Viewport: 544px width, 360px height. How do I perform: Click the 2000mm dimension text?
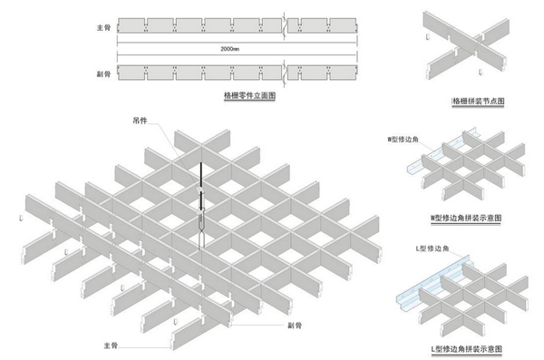tap(229, 49)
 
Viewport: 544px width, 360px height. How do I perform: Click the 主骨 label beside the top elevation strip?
tap(103, 27)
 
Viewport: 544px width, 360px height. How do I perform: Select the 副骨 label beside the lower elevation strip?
tap(103, 73)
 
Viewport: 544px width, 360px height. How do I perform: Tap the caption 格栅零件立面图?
tap(250, 95)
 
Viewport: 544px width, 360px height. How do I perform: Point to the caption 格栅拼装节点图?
tap(478, 101)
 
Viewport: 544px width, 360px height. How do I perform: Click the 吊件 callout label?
tap(141, 121)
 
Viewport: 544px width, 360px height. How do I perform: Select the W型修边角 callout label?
tap(403, 140)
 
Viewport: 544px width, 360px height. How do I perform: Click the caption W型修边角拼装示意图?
tap(466, 218)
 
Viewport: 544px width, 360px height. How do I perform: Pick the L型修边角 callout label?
tap(432, 248)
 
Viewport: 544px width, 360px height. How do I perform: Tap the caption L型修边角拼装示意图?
tap(466, 348)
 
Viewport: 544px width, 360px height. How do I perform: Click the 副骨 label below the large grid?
tap(295, 326)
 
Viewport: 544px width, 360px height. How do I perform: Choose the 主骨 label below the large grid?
tap(111, 345)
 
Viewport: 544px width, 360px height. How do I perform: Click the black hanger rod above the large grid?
tap(200, 175)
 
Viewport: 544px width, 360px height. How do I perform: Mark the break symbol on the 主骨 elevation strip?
tap(285, 26)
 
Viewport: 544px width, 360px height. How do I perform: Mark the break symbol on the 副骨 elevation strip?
tap(285, 73)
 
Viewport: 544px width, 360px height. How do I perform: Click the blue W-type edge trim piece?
tap(438, 151)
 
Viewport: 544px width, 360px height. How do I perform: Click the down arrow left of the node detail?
tap(428, 37)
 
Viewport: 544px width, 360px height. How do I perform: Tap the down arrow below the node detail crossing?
tap(481, 72)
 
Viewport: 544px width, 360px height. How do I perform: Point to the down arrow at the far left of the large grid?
tap(21, 219)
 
